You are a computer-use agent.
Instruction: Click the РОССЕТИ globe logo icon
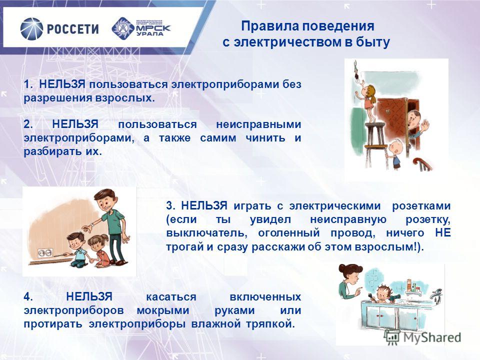[32, 29]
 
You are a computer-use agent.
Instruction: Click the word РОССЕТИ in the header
[73, 29]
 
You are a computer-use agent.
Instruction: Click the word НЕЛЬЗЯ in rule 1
[62, 84]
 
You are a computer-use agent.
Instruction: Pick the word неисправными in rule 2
[258, 124]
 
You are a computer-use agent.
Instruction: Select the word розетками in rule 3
[421, 206]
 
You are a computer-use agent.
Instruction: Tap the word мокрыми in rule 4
[163, 310]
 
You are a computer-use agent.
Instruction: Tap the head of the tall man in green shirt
[105, 200]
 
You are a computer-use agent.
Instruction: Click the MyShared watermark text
[432, 337]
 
